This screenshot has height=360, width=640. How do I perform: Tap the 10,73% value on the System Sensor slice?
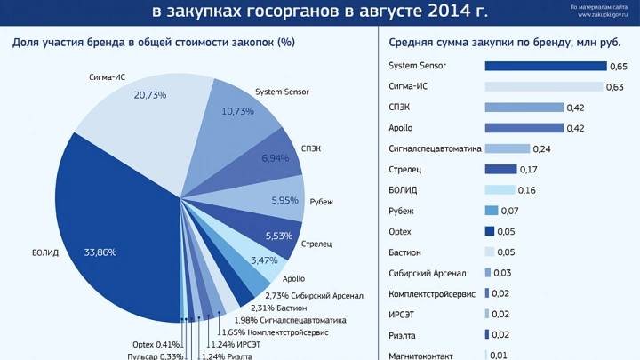point(238,111)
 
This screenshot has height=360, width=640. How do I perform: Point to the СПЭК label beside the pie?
point(312,148)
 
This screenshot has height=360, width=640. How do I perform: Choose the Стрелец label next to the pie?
point(316,243)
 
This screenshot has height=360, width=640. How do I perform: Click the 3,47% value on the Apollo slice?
point(264,260)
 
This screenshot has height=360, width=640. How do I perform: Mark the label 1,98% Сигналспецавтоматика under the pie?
point(290,319)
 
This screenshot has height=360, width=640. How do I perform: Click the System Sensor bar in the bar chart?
point(545,66)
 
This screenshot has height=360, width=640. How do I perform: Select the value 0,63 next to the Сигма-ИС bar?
point(614,87)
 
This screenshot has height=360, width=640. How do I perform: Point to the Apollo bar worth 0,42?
point(524,128)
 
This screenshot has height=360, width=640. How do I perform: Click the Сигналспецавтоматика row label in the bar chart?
point(435,148)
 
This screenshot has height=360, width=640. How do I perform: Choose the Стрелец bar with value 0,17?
point(500,169)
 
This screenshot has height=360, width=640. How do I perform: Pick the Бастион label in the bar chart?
point(406,252)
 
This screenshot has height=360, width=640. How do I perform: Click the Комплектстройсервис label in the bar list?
point(432,293)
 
